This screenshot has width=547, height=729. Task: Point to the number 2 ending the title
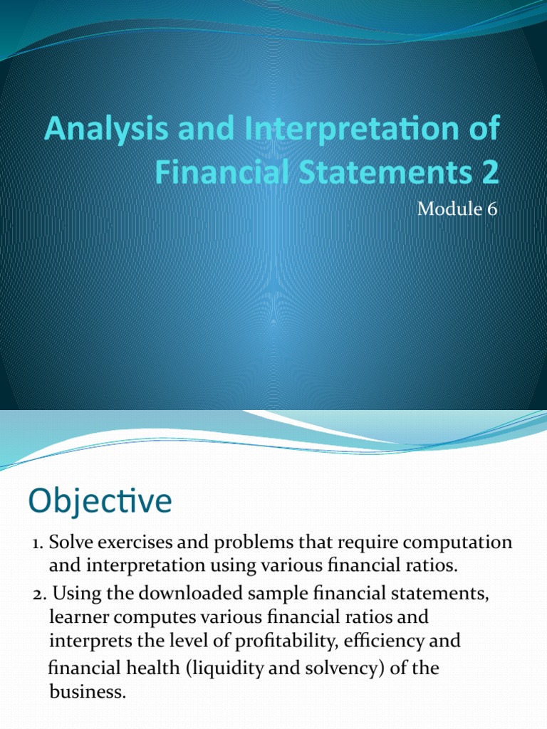tap(490, 173)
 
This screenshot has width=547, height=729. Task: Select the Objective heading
tap(100, 501)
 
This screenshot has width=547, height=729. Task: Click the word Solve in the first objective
tap(74, 542)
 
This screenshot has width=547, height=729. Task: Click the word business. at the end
tap(87, 691)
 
